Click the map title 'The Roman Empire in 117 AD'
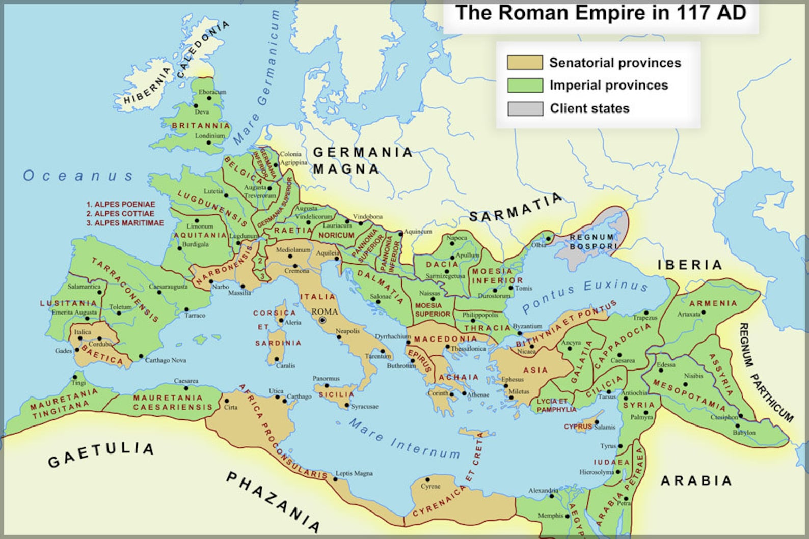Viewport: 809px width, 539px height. [x=601, y=13]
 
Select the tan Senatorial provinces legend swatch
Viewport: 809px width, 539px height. [x=525, y=63]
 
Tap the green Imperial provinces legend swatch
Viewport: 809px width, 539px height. [x=525, y=86]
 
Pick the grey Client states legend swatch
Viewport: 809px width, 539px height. [x=525, y=108]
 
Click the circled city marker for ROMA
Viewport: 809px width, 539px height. [x=322, y=320]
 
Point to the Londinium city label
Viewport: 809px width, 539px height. [x=209, y=136]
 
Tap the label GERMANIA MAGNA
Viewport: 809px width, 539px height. [x=362, y=160]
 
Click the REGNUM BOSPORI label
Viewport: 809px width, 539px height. [x=592, y=242]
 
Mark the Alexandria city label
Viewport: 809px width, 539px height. [x=543, y=491]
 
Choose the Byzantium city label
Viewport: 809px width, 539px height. [x=527, y=326]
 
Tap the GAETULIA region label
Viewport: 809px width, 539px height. [x=101, y=455]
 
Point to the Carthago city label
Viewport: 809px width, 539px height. [x=299, y=396]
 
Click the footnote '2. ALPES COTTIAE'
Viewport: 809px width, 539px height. [x=120, y=214]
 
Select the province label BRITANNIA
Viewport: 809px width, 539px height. [x=201, y=126]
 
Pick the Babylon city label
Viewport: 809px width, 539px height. [x=744, y=433]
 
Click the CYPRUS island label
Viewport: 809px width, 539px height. [x=577, y=427]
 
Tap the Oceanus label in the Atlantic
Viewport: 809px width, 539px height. [x=78, y=176]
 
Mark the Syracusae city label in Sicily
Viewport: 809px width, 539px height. [x=365, y=406]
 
